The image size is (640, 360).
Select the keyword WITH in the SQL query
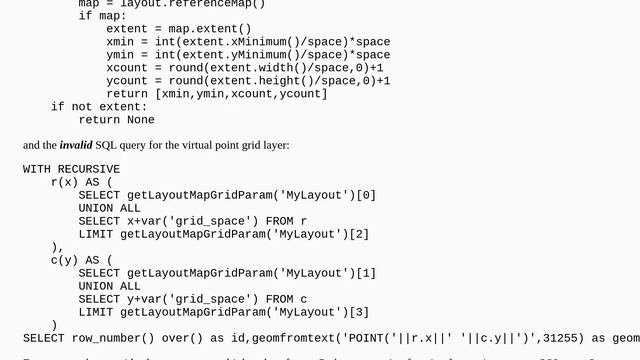coord(37,169)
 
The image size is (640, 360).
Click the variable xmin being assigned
coord(120,42)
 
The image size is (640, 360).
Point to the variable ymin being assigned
coord(120,55)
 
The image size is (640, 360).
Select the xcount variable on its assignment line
coord(127,68)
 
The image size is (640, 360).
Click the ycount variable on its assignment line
coord(127,81)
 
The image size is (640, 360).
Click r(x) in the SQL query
coord(65,182)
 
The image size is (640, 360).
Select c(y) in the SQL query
coord(65,260)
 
